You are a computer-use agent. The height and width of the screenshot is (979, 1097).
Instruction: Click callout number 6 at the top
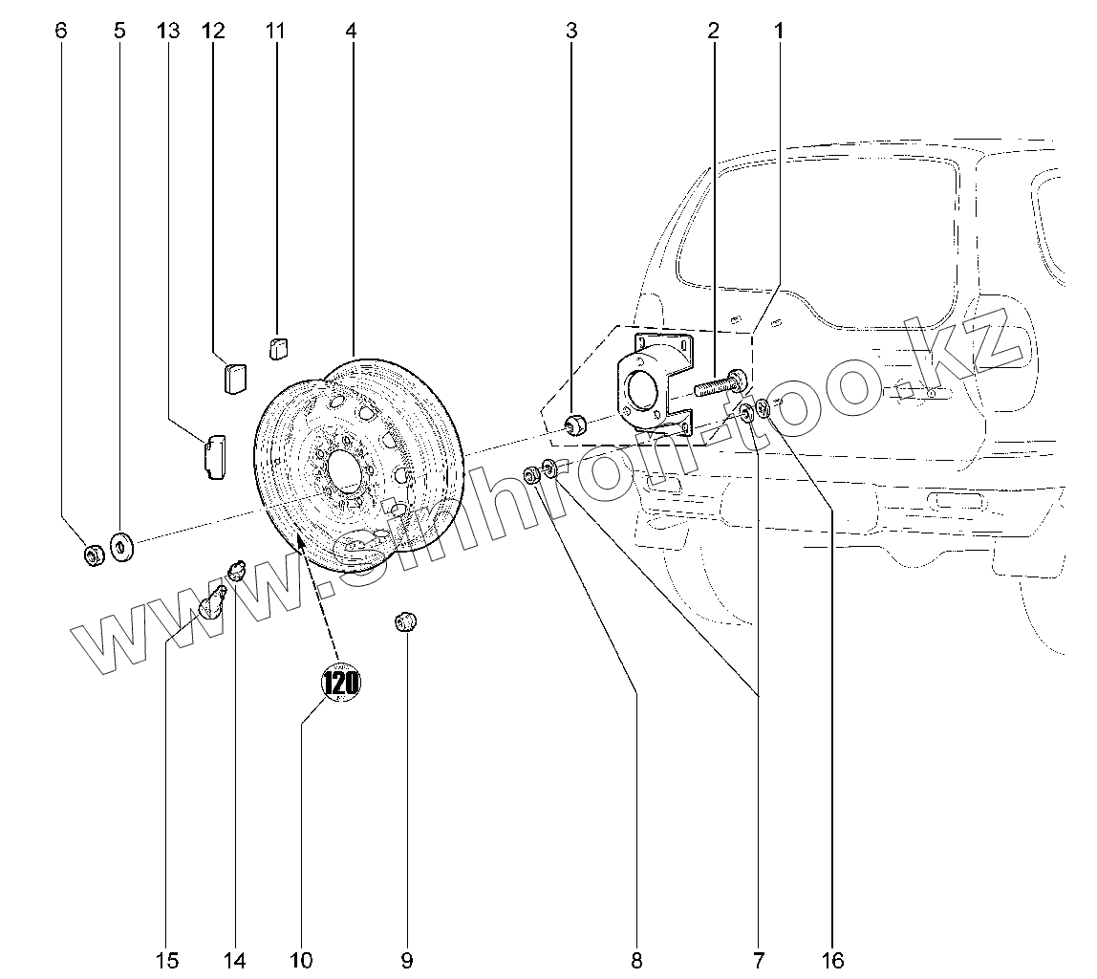pos(62,31)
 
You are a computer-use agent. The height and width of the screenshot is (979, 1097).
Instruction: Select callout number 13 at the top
pos(167,31)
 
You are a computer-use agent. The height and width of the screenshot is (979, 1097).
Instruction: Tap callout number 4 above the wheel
pos(351,31)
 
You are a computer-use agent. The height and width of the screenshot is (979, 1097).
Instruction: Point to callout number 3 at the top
pos(571,31)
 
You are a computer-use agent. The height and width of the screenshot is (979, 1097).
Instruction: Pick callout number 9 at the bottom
pos(407,959)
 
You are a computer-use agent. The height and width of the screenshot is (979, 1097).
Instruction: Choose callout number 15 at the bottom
pos(167,959)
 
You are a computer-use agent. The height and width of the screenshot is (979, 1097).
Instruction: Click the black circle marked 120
pos(340,683)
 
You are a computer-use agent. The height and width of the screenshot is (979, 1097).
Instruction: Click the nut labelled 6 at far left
pos(94,554)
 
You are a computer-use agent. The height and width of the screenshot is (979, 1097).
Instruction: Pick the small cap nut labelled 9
pos(407,623)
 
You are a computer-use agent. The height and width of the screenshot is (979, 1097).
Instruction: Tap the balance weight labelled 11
pos(278,348)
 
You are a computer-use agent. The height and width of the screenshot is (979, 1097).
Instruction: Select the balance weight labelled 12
pos(234,377)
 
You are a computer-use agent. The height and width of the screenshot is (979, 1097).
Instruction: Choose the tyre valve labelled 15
pos(213,604)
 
